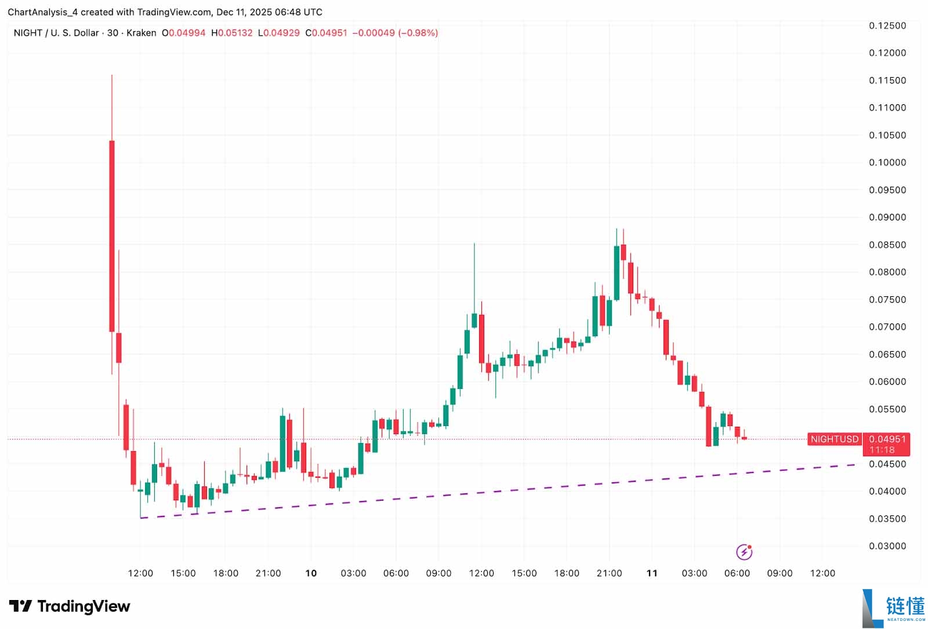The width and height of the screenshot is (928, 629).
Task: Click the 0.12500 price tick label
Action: pos(887,26)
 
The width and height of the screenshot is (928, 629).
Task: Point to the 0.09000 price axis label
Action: pos(887,217)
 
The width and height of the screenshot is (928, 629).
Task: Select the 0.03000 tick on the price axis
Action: pos(887,546)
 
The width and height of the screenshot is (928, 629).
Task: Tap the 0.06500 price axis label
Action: pos(887,354)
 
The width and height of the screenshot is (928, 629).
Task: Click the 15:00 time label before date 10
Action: pos(183,573)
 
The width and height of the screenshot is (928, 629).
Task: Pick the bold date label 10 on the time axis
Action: pos(311,573)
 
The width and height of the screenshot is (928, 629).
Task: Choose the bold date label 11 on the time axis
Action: pos(652,573)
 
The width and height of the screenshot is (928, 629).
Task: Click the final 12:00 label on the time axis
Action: pos(822,573)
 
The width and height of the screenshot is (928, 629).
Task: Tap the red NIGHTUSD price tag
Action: pos(834,439)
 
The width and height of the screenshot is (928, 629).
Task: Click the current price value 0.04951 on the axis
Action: pos(887,439)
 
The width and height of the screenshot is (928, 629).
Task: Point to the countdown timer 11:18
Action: pos(882,450)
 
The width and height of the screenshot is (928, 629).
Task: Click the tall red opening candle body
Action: pos(112,236)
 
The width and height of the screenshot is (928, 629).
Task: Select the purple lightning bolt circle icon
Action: pos(744,552)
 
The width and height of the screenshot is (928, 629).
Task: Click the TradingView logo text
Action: pos(84,606)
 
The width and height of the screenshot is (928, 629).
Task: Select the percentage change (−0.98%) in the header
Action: pos(417,33)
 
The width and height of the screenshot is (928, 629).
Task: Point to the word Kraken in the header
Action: pos(141,33)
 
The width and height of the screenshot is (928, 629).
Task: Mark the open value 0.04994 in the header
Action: pos(187,33)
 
